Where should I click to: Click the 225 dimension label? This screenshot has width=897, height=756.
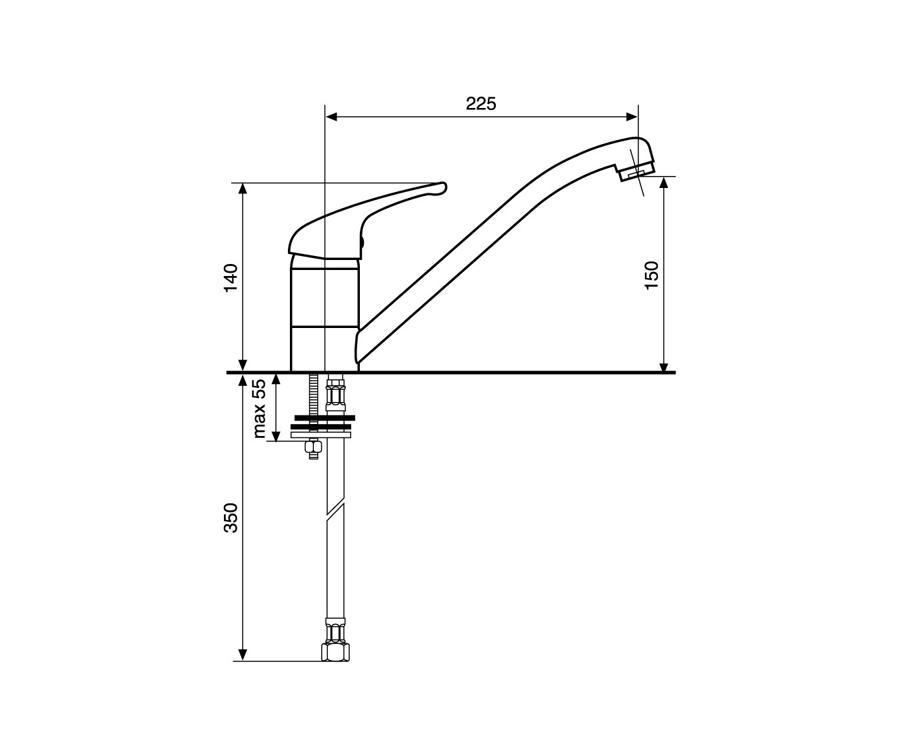coord(480,103)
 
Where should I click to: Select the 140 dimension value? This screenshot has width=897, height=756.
coord(231,277)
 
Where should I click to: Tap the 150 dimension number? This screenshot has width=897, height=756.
coord(651,275)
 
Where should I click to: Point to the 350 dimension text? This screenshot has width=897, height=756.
coord(231,517)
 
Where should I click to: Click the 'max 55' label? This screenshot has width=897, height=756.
coord(259,408)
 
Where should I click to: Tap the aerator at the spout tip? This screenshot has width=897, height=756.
coord(636,171)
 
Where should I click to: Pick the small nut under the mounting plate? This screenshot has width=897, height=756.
coord(313,447)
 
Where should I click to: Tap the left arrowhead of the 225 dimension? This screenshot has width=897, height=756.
coord(332,117)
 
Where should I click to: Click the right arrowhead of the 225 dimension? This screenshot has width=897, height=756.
coord(632,117)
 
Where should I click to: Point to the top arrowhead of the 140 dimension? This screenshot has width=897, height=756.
coord(243,189)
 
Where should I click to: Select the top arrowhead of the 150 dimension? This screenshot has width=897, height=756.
coord(664,183)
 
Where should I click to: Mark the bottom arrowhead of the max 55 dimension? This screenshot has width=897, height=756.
coord(277,436)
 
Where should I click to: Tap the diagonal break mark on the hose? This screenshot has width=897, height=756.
coord(335,511)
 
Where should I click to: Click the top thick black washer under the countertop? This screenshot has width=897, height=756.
coord(325,418)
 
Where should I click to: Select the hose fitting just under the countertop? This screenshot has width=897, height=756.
coord(335,393)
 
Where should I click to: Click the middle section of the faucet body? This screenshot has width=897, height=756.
coord(325,297)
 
